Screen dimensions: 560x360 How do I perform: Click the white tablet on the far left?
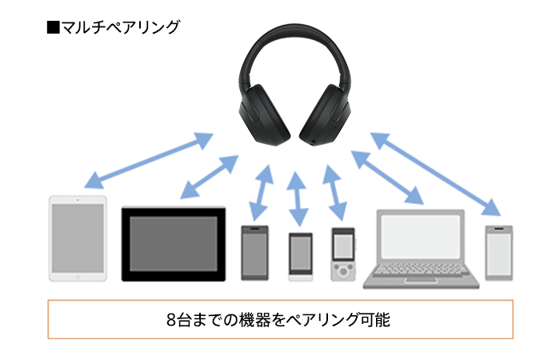point(78,238)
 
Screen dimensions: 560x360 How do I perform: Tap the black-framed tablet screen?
point(174,243)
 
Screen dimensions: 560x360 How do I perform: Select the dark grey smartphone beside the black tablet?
point(254,253)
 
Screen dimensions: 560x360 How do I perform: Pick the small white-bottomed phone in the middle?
point(301,257)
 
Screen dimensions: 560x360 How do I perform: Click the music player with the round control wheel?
point(343,254)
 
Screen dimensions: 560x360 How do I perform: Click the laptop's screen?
point(421,237)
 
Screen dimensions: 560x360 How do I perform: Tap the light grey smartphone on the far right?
point(499,253)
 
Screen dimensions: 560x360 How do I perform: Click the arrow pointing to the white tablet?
point(149,160)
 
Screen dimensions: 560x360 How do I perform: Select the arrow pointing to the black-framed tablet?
point(210,177)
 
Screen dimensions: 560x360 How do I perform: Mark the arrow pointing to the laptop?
point(387,178)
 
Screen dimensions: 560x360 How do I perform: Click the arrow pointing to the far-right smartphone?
point(436,174)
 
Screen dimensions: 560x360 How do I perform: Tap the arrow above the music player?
point(334,193)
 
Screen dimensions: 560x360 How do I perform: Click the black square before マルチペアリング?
point(54,27)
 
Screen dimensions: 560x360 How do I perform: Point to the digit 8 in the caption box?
point(171,320)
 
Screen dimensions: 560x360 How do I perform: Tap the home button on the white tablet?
point(78,277)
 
